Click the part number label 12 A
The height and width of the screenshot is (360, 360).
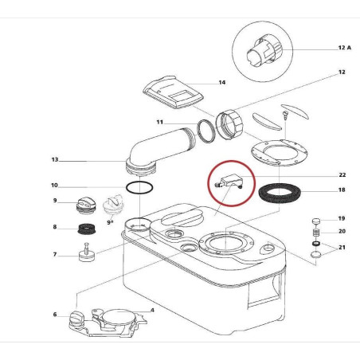click(344, 48)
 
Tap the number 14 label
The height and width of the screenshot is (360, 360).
click(222, 83)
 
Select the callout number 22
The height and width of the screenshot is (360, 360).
click(342, 175)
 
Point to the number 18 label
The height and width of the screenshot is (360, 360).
click(342, 190)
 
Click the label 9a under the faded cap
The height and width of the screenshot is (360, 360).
click(110, 222)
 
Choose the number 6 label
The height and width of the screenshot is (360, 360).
click(55, 315)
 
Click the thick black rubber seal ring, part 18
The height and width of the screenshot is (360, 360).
click(280, 194)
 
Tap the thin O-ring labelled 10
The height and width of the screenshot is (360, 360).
click(139, 187)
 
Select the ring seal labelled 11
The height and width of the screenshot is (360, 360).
click(206, 131)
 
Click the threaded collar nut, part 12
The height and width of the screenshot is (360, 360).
click(229, 125)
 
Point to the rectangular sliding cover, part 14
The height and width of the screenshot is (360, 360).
click(174, 92)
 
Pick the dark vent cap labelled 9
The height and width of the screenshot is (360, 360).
click(85, 205)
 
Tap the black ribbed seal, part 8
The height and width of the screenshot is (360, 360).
click(87, 229)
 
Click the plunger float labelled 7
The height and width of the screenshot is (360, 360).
click(88, 253)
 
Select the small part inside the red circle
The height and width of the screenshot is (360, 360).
click(231, 182)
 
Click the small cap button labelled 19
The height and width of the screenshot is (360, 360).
click(315, 221)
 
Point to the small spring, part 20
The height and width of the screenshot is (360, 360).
click(315, 233)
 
